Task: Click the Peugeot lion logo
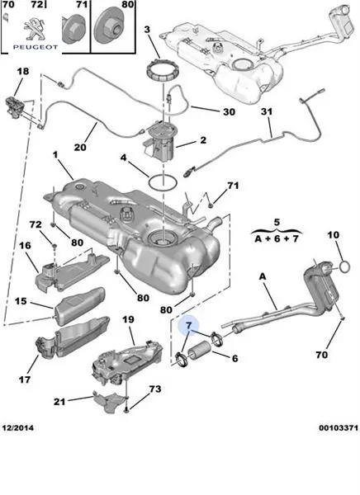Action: (x=35, y=30)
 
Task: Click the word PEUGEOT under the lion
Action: (x=36, y=47)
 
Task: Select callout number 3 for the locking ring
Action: (x=147, y=30)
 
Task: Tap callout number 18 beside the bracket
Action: (x=23, y=71)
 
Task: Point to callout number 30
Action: (x=230, y=111)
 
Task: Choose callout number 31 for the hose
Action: (x=267, y=111)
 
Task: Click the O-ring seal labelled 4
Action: (x=163, y=183)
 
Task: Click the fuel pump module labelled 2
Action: (x=159, y=140)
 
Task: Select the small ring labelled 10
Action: (x=344, y=267)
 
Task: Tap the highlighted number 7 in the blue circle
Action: (x=189, y=326)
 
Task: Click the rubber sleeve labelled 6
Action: (x=199, y=350)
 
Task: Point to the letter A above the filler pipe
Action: (x=263, y=276)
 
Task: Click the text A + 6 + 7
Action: (x=277, y=238)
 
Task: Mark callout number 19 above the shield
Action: (x=128, y=319)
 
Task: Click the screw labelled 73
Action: (x=126, y=410)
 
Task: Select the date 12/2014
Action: (x=17, y=427)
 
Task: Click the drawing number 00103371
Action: (x=339, y=427)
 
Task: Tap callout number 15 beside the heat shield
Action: (x=21, y=301)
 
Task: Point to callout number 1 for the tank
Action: (x=55, y=155)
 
